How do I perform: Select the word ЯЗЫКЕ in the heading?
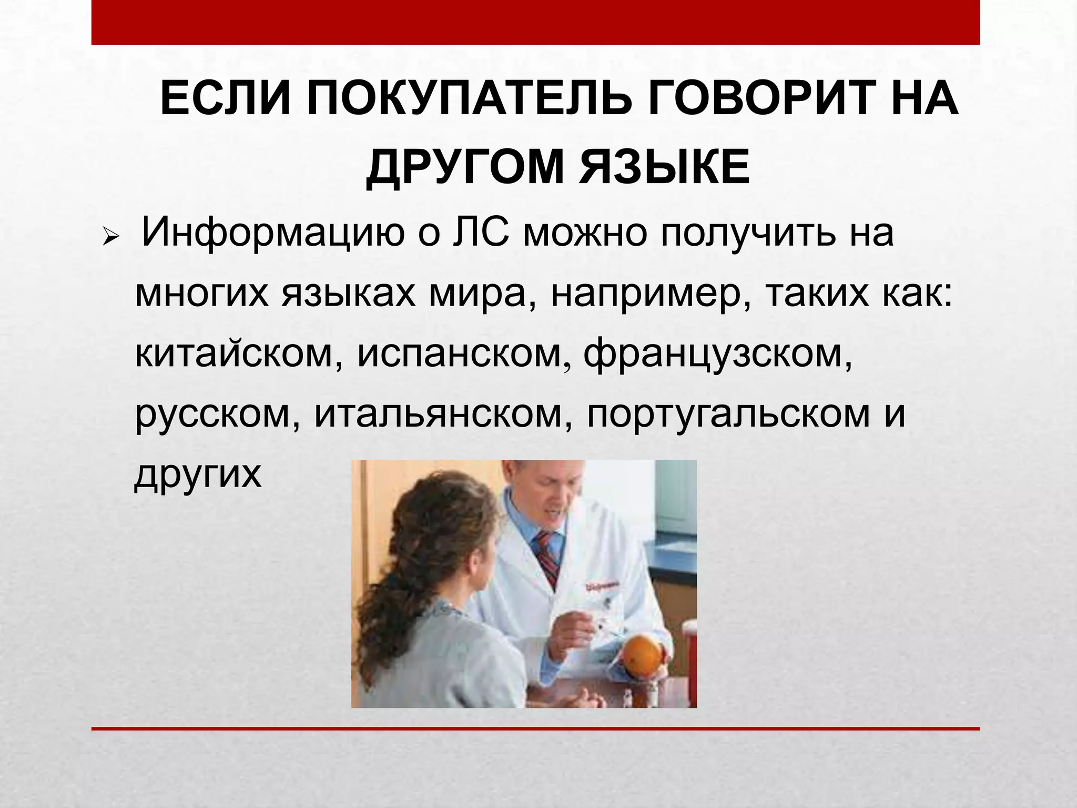[664, 168]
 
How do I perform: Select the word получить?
[747, 233]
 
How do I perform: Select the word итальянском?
[439, 414]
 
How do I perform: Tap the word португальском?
[728, 414]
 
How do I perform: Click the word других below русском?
[198, 474]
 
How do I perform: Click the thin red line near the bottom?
[535, 729]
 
